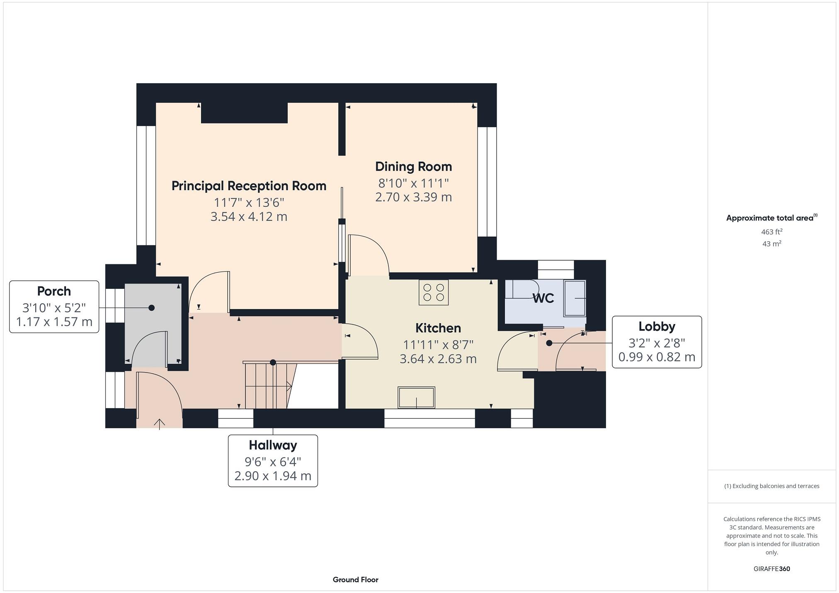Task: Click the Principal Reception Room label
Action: [x=249, y=186]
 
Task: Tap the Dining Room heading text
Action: [x=413, y=167]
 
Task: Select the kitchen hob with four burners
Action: [x=433, y=293]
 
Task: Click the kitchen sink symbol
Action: [x=416, y=397]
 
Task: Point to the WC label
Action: [x=543, y=298]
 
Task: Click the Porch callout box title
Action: [x=54, y=291]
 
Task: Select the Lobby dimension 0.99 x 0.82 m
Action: [x=657, y=357]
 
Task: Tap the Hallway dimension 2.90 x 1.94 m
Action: [x=273, y=476]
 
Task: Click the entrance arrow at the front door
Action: [x=160, y=424]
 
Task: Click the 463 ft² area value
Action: [x=771, y=232]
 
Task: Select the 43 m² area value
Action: [x=771, y=244]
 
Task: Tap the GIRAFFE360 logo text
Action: [x=771, y=569]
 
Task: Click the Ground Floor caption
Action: [x=355, y=579]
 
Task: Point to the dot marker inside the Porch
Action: [x=152, y=307]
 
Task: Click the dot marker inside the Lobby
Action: [x=549, y=343]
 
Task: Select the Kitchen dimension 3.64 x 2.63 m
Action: [x=438, y=358]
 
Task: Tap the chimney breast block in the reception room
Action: [x=244, y=113]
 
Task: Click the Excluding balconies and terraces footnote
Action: [x=771, y=486]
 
